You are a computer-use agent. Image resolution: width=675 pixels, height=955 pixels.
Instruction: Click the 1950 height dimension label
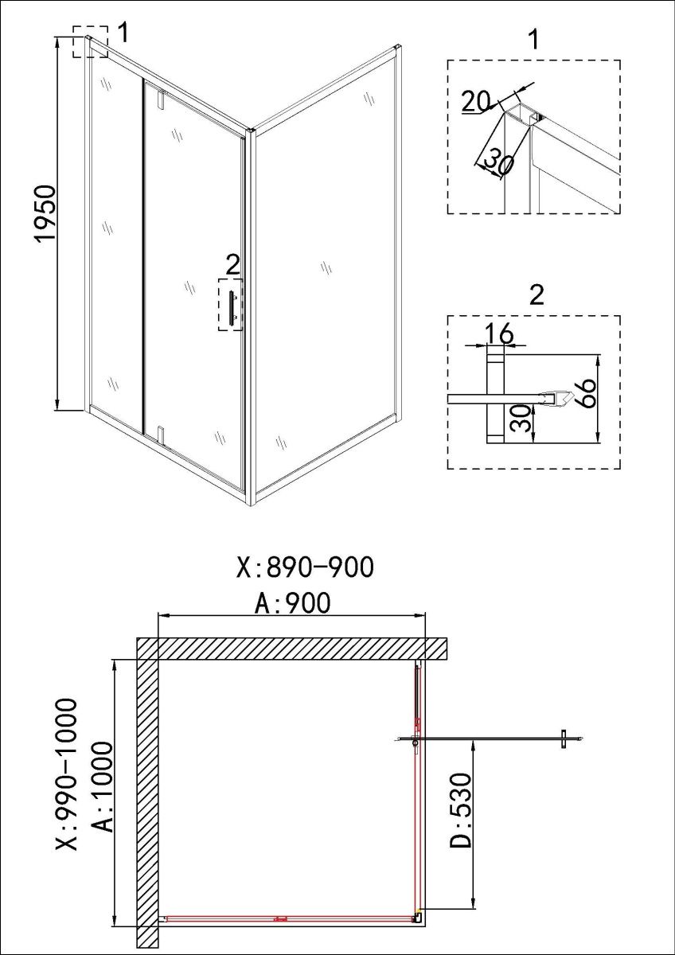pos(45,213)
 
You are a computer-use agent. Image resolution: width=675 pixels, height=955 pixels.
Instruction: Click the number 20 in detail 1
pos(477,103)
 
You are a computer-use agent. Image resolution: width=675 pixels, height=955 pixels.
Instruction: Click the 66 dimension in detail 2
pos(583,393)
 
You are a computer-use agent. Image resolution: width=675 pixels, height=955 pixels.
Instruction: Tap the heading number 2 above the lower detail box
pos(536,294)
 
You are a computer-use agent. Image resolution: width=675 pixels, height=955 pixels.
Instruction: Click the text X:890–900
pos(305,567)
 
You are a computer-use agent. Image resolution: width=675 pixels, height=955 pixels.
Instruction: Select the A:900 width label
pos(292,603)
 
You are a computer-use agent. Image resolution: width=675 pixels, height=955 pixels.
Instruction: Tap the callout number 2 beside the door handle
pos(232,265)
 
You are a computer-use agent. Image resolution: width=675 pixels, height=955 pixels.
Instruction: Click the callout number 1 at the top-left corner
pos(123,33)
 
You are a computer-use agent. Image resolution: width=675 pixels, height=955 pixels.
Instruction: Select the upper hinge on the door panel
pos(160,98)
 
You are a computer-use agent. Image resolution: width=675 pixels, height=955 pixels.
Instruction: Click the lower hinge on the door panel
pos(160,434)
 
